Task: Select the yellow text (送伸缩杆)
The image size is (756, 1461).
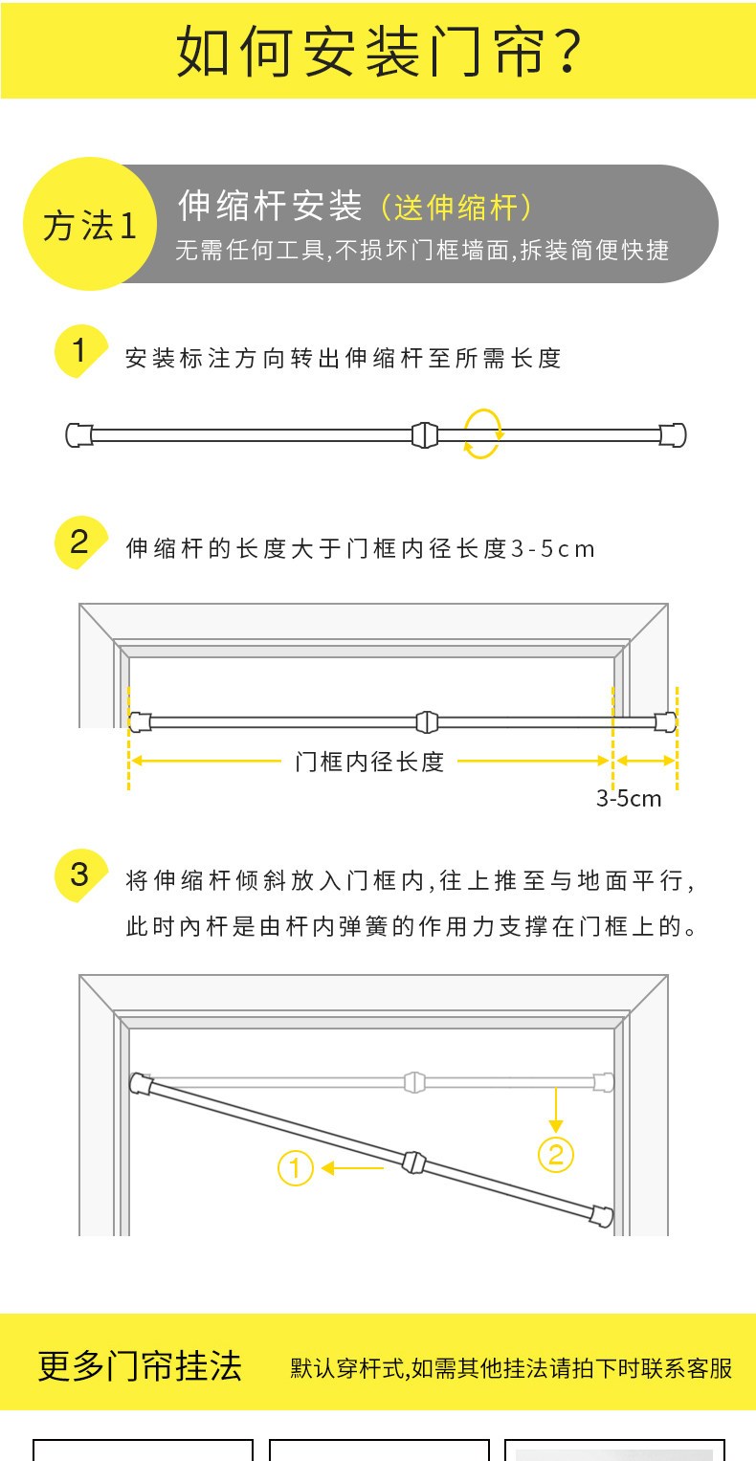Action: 456,207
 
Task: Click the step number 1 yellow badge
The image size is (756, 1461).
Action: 78,351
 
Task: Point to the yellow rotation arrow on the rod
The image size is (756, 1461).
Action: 482,433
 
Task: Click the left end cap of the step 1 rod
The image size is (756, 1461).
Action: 78,434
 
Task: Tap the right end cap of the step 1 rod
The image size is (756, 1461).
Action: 674,434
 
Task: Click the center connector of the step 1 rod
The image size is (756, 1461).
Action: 424,435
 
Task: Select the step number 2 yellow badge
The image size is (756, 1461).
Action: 78,542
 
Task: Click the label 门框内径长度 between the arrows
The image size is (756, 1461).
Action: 369,762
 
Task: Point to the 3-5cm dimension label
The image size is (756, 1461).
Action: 629,798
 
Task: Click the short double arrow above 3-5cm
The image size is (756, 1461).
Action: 645,761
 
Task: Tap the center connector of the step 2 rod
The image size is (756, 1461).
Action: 427,721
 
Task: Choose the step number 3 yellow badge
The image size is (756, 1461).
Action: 78,874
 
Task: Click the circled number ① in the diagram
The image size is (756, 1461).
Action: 296,1168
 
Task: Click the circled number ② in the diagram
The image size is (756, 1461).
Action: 556,1155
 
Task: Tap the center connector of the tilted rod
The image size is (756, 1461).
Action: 412,1162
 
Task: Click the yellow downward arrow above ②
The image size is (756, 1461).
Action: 556,1110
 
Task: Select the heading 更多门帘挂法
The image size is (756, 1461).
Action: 140,1365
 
